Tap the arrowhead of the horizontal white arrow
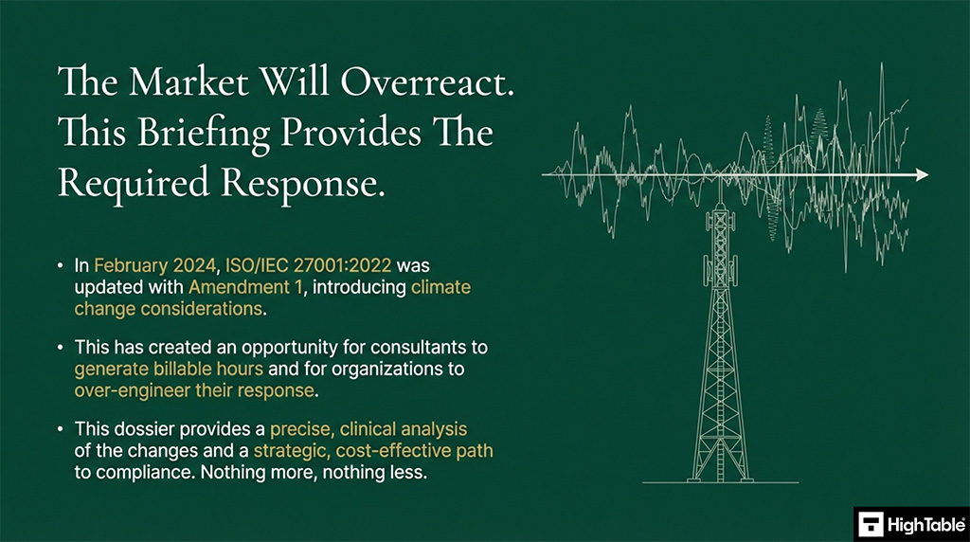tap(921, 175)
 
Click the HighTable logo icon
tap(871, 522)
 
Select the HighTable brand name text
tap(925, 522)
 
